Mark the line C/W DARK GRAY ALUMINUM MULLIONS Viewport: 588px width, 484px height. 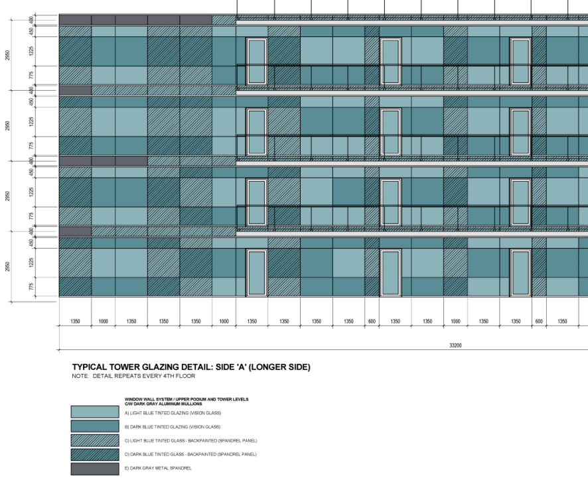point(146,402)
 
